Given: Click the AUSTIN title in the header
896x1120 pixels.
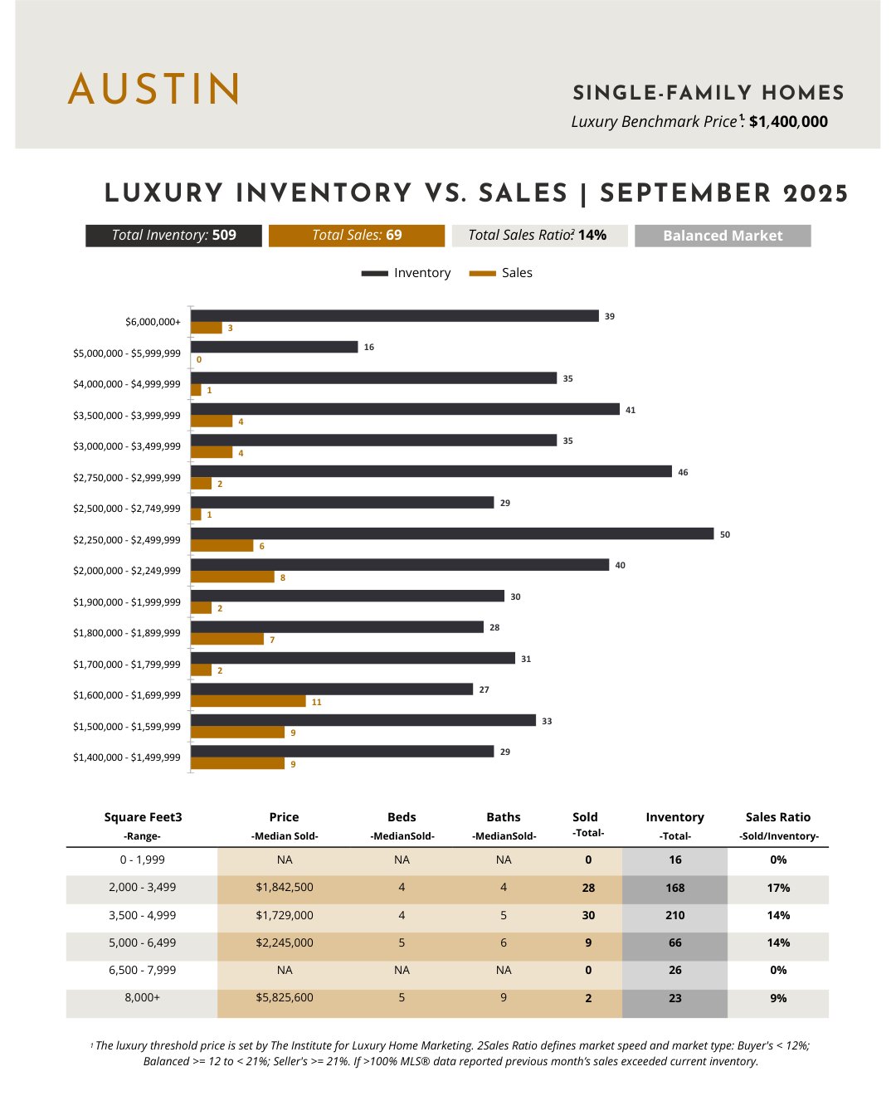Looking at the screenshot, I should coord(154,89).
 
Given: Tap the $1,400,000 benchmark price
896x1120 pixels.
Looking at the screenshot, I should coord(788,122).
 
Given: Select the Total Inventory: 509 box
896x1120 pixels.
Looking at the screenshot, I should coord(173,236).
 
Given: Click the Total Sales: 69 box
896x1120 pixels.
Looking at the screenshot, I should coord(357,236).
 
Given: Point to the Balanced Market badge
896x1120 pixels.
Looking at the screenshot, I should coord(723,236).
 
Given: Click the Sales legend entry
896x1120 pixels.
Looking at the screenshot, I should coord(501,273).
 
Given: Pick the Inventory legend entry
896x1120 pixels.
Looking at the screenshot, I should coord(407,273).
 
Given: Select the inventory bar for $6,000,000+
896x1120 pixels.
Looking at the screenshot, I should coord(394,316).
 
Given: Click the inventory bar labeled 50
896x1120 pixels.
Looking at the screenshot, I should coord(452,533).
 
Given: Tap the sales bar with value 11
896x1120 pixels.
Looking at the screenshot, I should coord(248,702).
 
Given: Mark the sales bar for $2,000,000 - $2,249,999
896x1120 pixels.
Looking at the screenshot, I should coord(232,577).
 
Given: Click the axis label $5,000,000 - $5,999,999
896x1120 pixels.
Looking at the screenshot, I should coord(127,353).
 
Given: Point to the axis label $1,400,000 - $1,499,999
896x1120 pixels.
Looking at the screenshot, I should coord(127,757).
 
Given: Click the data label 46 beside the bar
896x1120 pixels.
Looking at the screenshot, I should coord(683,472).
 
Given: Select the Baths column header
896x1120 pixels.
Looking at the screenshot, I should coord(504,818).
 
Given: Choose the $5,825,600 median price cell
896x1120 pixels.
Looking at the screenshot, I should coord(285,998).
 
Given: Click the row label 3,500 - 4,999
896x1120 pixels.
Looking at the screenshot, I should coord(143,915).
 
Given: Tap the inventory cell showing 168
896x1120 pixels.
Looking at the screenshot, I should coord(674,888).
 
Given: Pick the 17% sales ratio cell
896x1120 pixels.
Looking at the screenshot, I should coord(778,888).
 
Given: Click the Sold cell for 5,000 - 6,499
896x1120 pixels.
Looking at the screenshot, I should coord(588,943).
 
